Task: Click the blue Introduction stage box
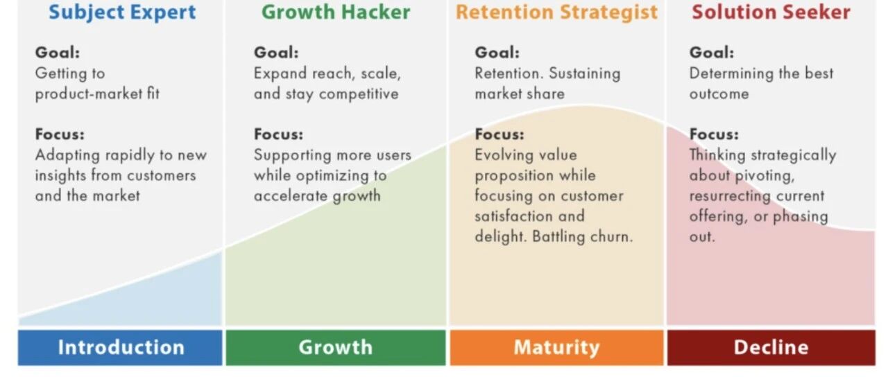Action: (x=120, y=347)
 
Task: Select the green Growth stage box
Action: (x=336, y=347)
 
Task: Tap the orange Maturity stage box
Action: (x=556, y=347)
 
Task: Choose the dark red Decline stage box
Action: (x=771, y=347)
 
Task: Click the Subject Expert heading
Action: (x=122, y=12)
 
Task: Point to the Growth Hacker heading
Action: (x=336, y=12)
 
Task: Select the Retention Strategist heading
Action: (x=556, y=12)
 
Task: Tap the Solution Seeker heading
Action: (x=771, y=12)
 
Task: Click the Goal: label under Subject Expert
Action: (x=58, y=52)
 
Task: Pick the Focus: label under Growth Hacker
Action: (x=278, y=134)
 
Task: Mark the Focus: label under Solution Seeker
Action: (x=714, y=134)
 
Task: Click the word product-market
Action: (x=88, y=94)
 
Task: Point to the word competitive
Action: (x=359, y=94)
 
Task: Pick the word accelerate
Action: (x=291, y=195)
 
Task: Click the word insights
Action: (x=60, y=176)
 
